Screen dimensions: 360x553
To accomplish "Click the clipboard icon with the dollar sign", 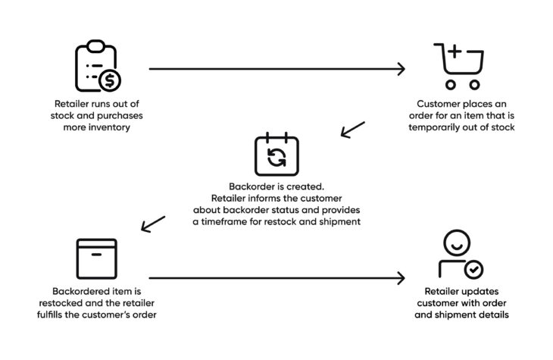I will (96, 67).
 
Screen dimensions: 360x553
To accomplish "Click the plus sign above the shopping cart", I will (455, 52).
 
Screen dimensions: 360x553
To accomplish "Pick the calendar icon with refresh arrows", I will (276, 155).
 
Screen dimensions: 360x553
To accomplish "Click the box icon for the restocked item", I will (97, 258).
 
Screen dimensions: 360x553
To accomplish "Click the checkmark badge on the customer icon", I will (473, 269).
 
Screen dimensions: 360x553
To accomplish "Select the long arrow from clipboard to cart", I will (276, 69).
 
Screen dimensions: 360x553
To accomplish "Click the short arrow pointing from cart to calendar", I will (352, 130).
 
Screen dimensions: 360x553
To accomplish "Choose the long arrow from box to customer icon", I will (276, 278).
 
